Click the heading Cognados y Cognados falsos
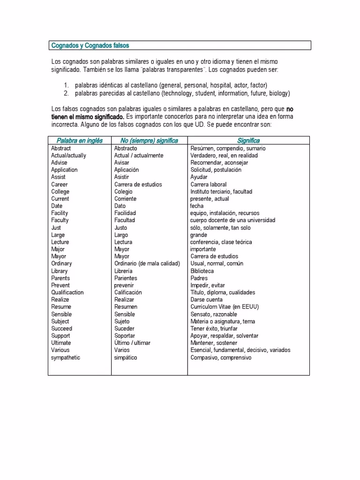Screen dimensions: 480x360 [90, 45]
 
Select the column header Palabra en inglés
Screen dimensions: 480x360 [80, 141]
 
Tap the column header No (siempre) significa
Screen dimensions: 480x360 [149, 141]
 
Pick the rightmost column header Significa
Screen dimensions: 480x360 [248, 141]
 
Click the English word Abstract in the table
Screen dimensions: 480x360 [61, 148]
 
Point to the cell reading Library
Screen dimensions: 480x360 [60, 271]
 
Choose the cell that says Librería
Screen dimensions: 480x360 [123, 271]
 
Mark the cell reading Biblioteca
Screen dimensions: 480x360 [202, 271]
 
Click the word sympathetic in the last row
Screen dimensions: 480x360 [66, 358]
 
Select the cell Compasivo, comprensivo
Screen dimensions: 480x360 [221, 358]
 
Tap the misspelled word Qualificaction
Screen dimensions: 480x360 [67, 292]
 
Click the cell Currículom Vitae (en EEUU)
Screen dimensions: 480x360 [225, 307]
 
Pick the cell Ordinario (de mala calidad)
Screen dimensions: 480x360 [147, 263]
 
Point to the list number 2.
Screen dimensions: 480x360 [66, 93]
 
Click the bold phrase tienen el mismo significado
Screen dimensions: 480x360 [88, 116]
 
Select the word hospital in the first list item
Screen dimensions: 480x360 [222, 85]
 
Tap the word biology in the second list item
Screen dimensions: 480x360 [279, 93]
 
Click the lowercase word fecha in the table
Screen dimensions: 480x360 [197, 206]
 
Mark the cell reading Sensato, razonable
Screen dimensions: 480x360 [214, 314]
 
